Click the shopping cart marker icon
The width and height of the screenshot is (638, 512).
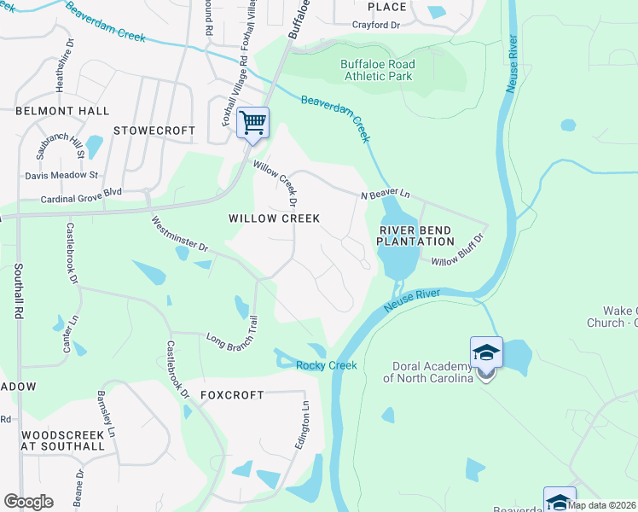pos(252,123)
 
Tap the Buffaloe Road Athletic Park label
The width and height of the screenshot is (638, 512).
pos(377,70)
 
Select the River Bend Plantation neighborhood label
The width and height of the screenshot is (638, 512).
pos(411,236)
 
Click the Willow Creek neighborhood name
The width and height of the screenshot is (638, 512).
pos(274,218)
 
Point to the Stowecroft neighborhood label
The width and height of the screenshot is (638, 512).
pos(154,131)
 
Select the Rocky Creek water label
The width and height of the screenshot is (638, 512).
pos(326,366)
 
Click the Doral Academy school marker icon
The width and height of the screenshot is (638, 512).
pos(486,353)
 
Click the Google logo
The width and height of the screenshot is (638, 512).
pos(28,502)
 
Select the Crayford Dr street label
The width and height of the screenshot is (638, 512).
pos(376,26)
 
